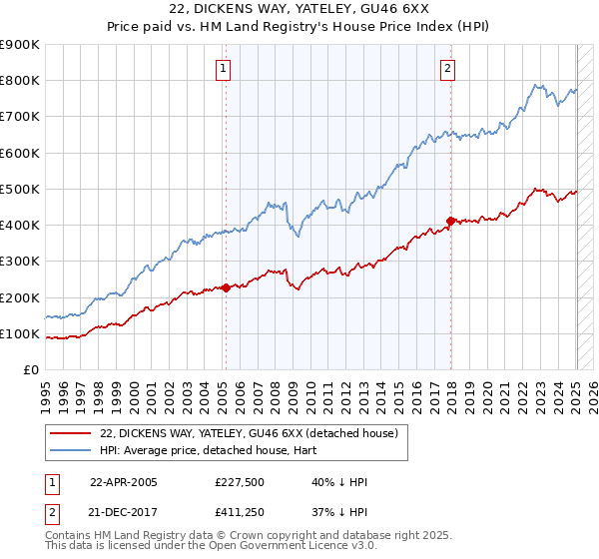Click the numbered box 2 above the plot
click(447, 69)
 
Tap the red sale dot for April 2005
click(226, 287)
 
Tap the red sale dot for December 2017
click(450, 221)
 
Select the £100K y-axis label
click(20, 333)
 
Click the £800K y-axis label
click(20, 80)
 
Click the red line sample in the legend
click(72, 433)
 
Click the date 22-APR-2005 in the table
click(124, 482)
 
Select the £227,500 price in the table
click(239, 482)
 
